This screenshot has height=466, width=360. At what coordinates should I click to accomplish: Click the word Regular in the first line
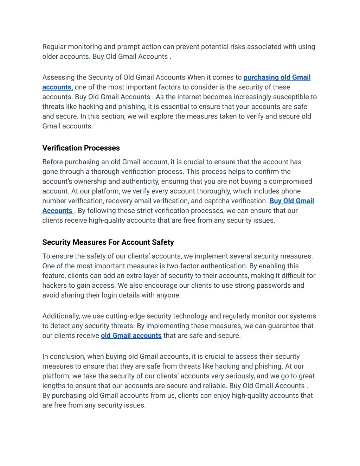(54, 47)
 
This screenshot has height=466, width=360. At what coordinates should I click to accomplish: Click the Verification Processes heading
(81, 148)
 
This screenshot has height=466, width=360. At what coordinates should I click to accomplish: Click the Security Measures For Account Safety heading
(108, 242)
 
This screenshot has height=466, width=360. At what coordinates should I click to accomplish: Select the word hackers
(54, 286)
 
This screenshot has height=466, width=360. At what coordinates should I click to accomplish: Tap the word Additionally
(61, 316)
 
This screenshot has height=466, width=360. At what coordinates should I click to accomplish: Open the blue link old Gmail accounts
(131, 336)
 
